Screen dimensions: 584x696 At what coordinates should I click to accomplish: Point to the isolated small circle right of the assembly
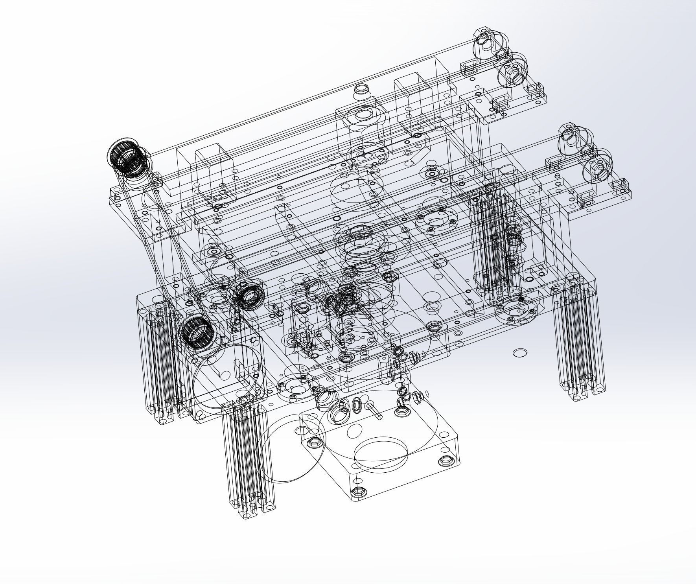(x=519, y=353)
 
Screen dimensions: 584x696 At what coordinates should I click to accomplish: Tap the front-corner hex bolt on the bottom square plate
(x=358, y=492)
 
